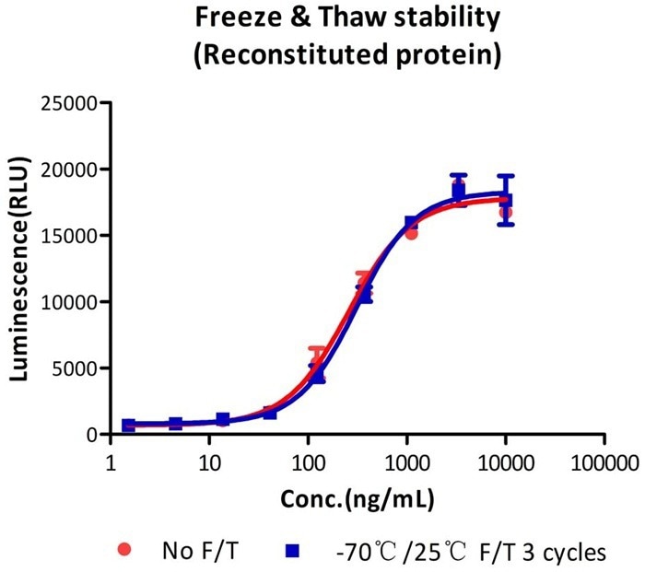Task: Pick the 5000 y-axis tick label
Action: (x=79, y=368)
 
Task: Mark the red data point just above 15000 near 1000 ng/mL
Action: (x=411, y=233)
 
